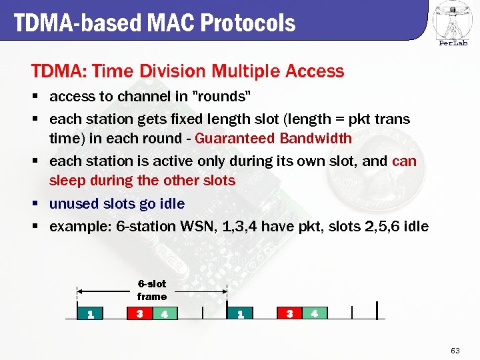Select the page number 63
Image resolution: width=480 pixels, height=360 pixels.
[455, 350]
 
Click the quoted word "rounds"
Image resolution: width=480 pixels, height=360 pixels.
[221, 97]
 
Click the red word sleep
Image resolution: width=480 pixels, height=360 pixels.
[66, 181]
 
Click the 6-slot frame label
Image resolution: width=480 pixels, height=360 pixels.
[152, 290]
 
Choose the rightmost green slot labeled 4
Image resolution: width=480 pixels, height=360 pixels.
[314, 313]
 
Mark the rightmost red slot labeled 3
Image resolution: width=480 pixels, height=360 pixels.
[290, 313]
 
